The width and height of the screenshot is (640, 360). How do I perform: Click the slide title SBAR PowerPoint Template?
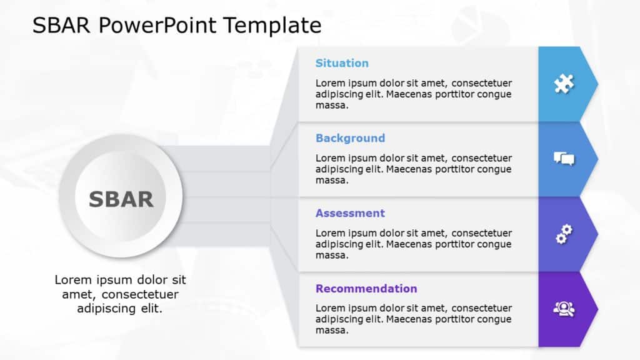177,25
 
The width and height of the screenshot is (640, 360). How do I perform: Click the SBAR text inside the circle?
121,199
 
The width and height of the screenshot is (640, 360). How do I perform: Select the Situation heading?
342,63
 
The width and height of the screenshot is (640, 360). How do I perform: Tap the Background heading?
350,138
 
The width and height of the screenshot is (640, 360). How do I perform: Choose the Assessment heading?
350,213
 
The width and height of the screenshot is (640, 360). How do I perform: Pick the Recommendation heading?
366,288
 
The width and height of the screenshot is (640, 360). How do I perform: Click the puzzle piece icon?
564,84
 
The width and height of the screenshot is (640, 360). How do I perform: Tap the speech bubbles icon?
564,159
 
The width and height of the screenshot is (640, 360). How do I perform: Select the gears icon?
564,234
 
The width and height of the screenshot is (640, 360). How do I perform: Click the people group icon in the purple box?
564,309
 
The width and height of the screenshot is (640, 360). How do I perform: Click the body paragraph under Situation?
413,94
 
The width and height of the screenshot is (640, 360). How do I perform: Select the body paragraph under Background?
413,169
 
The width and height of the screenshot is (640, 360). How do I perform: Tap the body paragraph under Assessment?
413,244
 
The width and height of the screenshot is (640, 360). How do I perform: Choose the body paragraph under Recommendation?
413,319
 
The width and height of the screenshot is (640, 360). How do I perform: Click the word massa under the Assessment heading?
331,255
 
